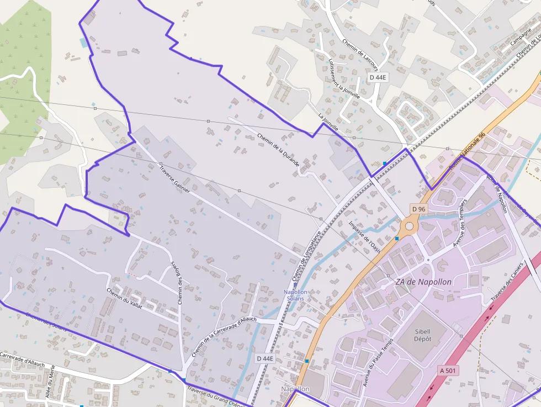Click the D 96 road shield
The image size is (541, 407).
pos(419,209)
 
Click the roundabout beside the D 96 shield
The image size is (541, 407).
pos(409,226)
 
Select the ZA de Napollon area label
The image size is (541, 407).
pos(423,282)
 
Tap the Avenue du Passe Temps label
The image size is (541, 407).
pos(378,361)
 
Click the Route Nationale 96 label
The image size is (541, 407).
pos(467,150)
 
